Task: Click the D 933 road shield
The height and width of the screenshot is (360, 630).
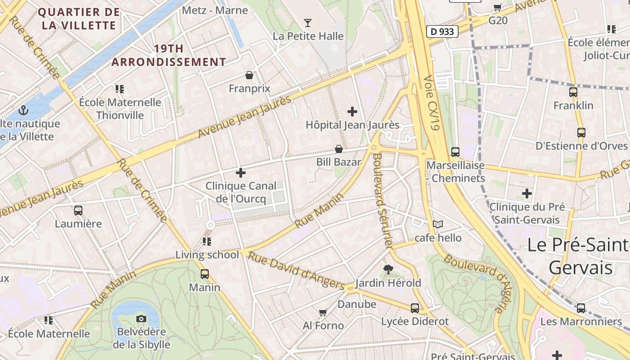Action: pyautogui.click(x=442, y=31)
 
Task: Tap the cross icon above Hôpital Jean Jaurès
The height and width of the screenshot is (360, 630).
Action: pyautogui.click(x=352, y=111)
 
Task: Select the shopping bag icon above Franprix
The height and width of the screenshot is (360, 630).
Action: pyautogui.click(x=249, y=75)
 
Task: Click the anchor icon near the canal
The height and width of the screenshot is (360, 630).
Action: pyautogui.click(x=23, y=110)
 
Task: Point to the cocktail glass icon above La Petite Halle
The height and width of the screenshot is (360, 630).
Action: pyautogui.click(x=308, y=22)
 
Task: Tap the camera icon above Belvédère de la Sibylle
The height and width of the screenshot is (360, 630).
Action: pyautogui.click(x=141, y=319)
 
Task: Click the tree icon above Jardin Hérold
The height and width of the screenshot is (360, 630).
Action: pyautogui.click(x=388, y=270)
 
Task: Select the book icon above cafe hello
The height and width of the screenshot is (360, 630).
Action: pyautogui.click(x=438, y=224)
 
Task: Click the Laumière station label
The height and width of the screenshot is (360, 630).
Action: pyautogui.click(x=78, y=224)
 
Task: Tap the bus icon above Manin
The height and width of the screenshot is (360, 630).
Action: pyautogui.click(x=205, y=274)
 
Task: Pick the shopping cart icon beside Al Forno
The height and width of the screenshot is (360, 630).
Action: pyautogui.click(x=323, y=312)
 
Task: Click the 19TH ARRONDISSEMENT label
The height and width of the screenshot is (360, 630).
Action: pyautogui.click(x=169, y=55)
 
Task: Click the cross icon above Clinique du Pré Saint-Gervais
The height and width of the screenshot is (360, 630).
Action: pyautogui.click(x=527, y=194)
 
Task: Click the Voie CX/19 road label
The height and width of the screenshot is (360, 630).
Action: pyautogui.click(x=431, y=103)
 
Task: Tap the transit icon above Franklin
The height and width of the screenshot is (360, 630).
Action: pyautogui.click(x=573, y=92)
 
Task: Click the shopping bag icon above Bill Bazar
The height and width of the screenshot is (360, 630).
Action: pyautogui.click(x=339, y=149)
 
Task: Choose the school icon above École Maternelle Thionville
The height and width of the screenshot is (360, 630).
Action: pyautogui.click(x=119, y=89)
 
